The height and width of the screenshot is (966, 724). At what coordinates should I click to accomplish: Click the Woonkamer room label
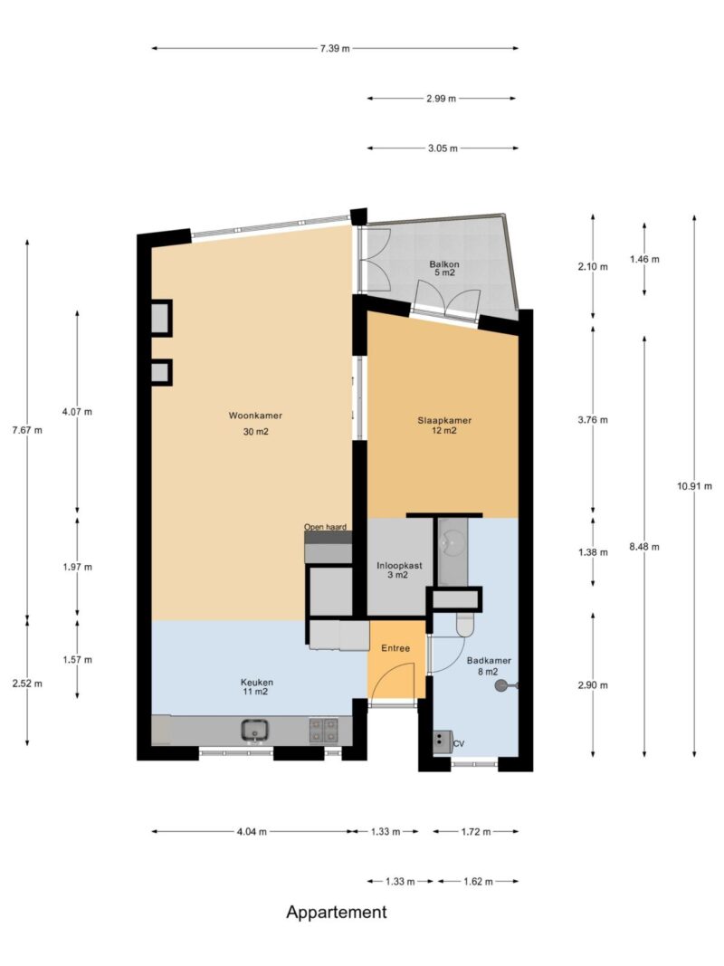[x=255, y=416]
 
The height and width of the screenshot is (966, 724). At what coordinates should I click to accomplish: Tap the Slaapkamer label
[x=444, y=421]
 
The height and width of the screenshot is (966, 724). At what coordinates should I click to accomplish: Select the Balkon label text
[x=444, y=264]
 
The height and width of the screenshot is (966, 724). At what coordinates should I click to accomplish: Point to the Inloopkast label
[x=399, y=566]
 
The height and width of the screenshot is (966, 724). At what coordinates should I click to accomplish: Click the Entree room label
[x=395, y=648]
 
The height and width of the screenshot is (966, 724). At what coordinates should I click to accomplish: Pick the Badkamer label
[x=489, y=661]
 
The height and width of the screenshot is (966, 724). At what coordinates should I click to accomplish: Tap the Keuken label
[x=257, y=683]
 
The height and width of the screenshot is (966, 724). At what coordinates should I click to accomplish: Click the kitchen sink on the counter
[x=255, y=731]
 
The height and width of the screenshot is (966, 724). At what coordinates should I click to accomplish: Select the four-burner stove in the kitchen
[x=323, y=731]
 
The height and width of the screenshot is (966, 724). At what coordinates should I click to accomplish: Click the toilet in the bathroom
[x=465, y=624]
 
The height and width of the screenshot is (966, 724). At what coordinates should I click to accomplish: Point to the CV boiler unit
[x=443, y=742]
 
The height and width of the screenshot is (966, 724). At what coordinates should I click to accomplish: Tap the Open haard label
[x=325, y=527]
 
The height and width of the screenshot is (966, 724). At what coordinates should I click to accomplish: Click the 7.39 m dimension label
[x=335, y=49]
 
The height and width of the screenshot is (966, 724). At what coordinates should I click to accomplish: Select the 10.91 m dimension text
[x=694, y=486]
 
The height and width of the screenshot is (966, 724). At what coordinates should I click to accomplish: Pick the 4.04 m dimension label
[x=252, y=832]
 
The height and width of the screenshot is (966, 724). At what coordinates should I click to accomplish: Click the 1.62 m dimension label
[x=479, y=882]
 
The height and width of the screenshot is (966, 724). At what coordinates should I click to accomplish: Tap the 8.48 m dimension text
[x=644, y=547]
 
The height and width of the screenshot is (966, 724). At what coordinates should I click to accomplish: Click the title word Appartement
[x=337, y=913]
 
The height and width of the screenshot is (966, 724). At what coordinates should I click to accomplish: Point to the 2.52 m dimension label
[x=27, y=684]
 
